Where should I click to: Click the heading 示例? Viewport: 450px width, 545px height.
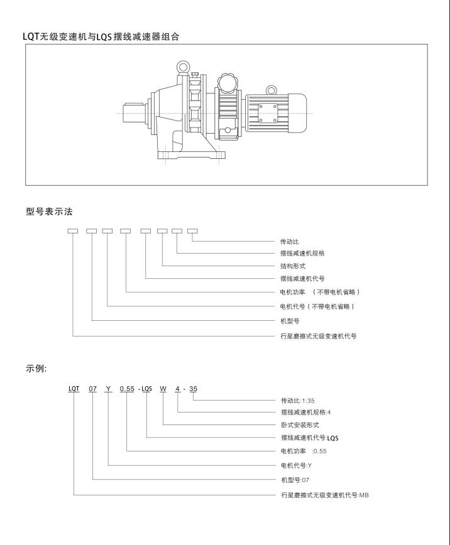pyautogui.click(x=36, y=368)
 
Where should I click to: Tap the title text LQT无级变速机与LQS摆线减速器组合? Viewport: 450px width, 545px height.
pyautogui.click(x=101, y=37)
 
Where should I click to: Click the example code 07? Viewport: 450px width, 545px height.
pyautogui.click(x=92, y=389)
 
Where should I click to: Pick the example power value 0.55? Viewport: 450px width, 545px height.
pyautogui.click(x=128, y=389)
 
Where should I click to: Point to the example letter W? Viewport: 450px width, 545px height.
pyautogui.click(x=163, y=389)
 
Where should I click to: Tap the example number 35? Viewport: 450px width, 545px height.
pyautogui.click(x=194, y=389)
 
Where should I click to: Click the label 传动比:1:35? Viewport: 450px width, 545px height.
pyautogui.click(x=297, y=399)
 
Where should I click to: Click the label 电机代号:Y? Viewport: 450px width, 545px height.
pyautogui.click(x=297, y=465)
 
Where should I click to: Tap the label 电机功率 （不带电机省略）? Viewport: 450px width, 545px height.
pyautogui.click(x=320, y=293)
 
